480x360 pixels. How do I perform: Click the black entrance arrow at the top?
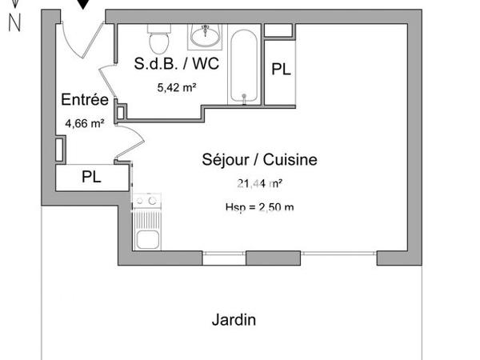click(84, 5)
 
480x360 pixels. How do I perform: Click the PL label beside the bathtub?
click(280, 70)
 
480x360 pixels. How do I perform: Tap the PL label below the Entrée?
click(92, 178)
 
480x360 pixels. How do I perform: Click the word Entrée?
click(85, 100)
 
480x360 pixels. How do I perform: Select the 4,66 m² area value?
click(85, 123)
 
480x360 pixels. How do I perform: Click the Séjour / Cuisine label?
click(259, 160)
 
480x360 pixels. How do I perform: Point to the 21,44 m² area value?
click(259, 183)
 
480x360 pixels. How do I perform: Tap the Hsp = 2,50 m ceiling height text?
click(259, 208)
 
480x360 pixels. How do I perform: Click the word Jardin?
click(234, 320)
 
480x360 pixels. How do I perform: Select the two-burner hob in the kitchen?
click(146, 204)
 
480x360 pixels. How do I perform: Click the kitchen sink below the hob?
click(147, 237)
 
